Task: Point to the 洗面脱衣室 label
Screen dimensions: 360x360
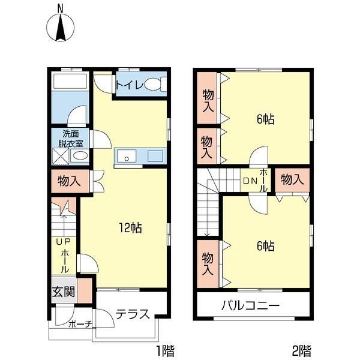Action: click(70, 139)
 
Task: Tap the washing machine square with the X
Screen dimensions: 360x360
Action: click(61, 157)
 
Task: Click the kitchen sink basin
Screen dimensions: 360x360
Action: click(127, 156)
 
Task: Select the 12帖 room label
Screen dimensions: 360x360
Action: click(130, 228)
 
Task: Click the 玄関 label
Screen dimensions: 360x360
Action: click(64, 292)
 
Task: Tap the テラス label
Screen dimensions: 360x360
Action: click(133, 314)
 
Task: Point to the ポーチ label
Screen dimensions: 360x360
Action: click(80, 325)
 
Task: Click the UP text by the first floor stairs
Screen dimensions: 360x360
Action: click(64, 242)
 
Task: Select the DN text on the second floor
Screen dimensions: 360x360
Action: click(250, 181)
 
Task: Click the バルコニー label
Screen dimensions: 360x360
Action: click(250, 306)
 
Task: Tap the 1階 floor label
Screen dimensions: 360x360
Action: click(166, 350)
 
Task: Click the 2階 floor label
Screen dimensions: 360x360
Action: click(302, 350)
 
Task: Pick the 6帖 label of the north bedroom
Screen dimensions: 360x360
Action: click(265, 119)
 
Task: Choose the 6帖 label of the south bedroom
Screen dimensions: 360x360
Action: click(265, 246)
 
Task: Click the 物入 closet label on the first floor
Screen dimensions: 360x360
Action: click(70, 181)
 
